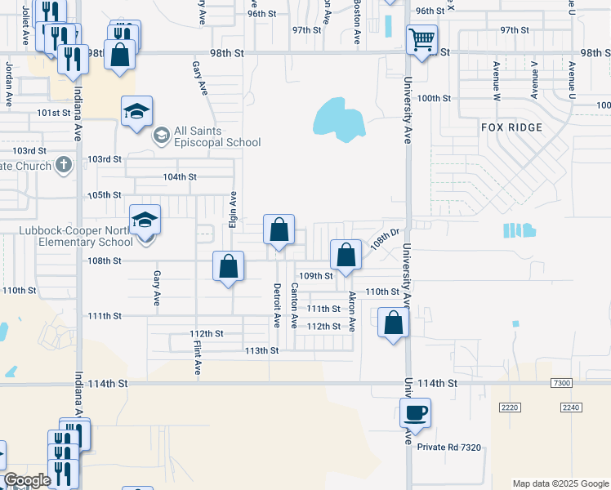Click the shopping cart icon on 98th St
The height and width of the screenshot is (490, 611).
coord(421,39)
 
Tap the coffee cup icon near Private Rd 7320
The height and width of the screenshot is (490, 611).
coord(415,413)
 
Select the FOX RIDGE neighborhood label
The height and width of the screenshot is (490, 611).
coord(511,127)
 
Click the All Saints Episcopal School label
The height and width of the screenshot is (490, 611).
coord(216,136)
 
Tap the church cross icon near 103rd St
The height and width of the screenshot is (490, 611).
coord(63,165)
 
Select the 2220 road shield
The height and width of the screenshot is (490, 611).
coord(511,407)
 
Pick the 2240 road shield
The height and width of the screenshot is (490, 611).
coord(571,407)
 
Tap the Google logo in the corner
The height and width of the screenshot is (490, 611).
coord(27,480)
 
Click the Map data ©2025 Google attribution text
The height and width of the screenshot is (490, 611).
coord(560,483)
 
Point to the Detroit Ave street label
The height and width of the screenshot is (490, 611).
coord(277,305)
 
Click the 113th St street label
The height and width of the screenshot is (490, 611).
coord(262,350)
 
